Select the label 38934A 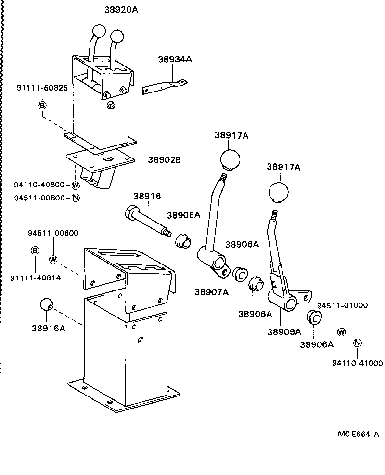coord(175,59)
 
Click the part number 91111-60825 coord(42,88)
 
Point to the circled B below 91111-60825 coord(42,105)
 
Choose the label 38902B coord(164,160)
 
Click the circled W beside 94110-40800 coord(75,185)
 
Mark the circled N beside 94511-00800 coord(75,198)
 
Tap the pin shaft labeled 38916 coord(147,221)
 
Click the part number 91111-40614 coord(35,278)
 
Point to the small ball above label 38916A coord(46,304)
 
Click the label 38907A coord(211,291)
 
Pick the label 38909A coord(284,331)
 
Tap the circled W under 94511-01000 coord(341,331)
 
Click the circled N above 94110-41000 coord(357,343)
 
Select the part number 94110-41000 coord(357,363)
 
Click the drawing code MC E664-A coord(358,434)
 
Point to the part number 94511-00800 coord(39,198)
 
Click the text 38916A coord(49,328)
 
